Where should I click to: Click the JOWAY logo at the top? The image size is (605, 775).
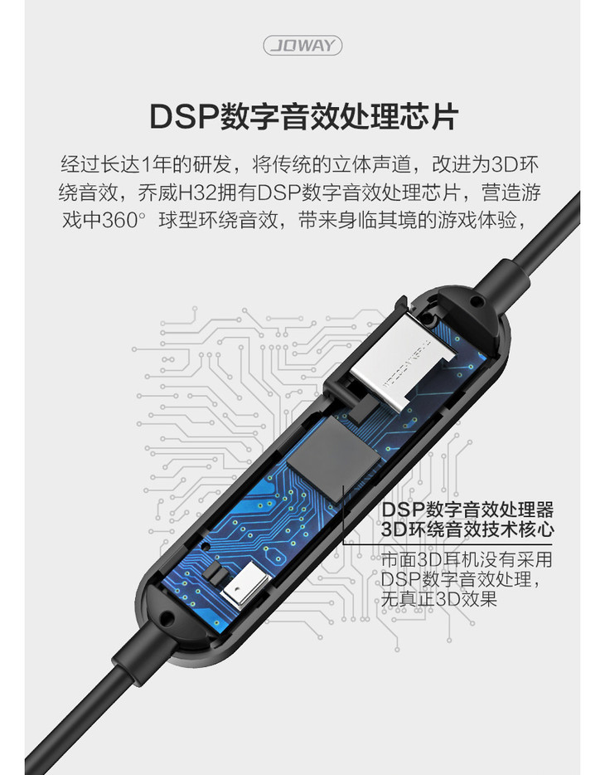click(302, 46)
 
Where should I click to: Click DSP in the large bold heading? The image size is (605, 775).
click(183, 117)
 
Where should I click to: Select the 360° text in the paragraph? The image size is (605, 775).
click(124, 219)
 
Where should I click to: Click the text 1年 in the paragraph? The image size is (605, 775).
click(157, 164)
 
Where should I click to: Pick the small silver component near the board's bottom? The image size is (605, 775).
click(245, 587)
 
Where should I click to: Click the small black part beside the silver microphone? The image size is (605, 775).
click(216, 573)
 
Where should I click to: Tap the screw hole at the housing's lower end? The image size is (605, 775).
click(167, 618)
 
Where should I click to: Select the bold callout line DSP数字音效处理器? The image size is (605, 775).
click(467, 509)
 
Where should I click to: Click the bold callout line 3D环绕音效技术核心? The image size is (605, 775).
click(467, 529)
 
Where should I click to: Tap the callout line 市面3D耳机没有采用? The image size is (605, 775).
click(467, 559)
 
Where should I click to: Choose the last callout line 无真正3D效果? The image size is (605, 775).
click(438, 599)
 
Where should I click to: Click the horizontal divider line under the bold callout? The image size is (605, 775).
click(448, 544)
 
